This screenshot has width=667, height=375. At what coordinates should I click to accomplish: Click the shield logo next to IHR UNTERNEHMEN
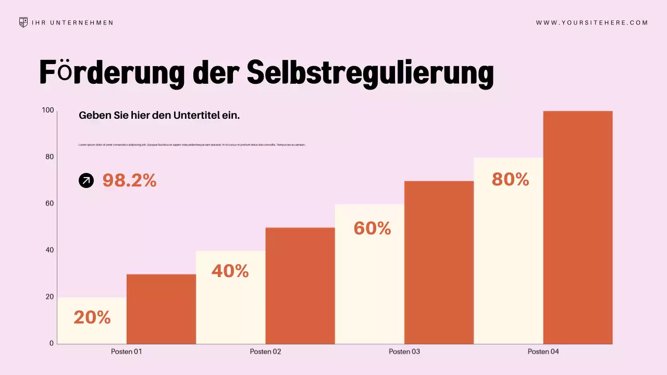[23, 22]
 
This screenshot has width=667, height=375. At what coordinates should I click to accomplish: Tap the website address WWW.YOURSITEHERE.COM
[592, 23]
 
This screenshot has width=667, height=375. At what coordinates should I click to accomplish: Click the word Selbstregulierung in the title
[370, 72]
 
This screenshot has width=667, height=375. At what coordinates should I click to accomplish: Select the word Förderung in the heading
[112, 72]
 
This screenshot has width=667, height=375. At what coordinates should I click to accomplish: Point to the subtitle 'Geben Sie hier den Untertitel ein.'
[159, 116]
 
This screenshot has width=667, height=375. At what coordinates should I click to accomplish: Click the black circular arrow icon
[86, 181]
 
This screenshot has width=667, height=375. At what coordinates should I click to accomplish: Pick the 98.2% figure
[129, 181]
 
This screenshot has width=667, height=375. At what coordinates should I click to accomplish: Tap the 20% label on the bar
[92, 317]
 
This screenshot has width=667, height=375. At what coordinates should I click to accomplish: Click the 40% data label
[230, 271]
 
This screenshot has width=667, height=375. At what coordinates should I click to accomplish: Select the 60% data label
[372, 228]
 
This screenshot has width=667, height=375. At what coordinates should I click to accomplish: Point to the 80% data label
[510, 180]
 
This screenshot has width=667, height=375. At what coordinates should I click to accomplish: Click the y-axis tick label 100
[48, 110]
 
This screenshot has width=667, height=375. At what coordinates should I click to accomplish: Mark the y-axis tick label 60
[50, 204]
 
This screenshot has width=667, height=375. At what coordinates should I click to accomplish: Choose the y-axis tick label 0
[52, 343]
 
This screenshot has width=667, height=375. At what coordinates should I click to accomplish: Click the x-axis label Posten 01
[127, 352]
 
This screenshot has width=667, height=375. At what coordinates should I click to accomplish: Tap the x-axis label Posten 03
[404, 352]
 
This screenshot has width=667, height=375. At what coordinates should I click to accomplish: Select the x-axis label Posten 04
[543, 352]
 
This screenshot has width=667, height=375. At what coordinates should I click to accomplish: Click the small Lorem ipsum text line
[192, 145]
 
